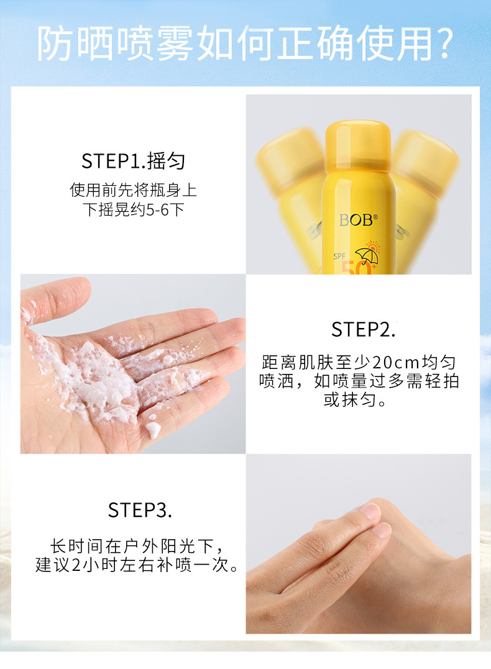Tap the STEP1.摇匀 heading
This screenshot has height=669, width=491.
[133, 162]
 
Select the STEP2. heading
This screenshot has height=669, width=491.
[364, 329]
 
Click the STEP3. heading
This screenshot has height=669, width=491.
[140, 510]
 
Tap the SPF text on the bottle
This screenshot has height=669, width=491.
[339, 257]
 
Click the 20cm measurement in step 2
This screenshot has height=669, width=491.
[395, 363]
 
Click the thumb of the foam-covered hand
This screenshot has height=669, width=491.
[54, 299]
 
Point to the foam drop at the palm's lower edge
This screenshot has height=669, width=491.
[153, 430]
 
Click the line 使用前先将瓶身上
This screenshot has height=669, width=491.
[133, 190]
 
